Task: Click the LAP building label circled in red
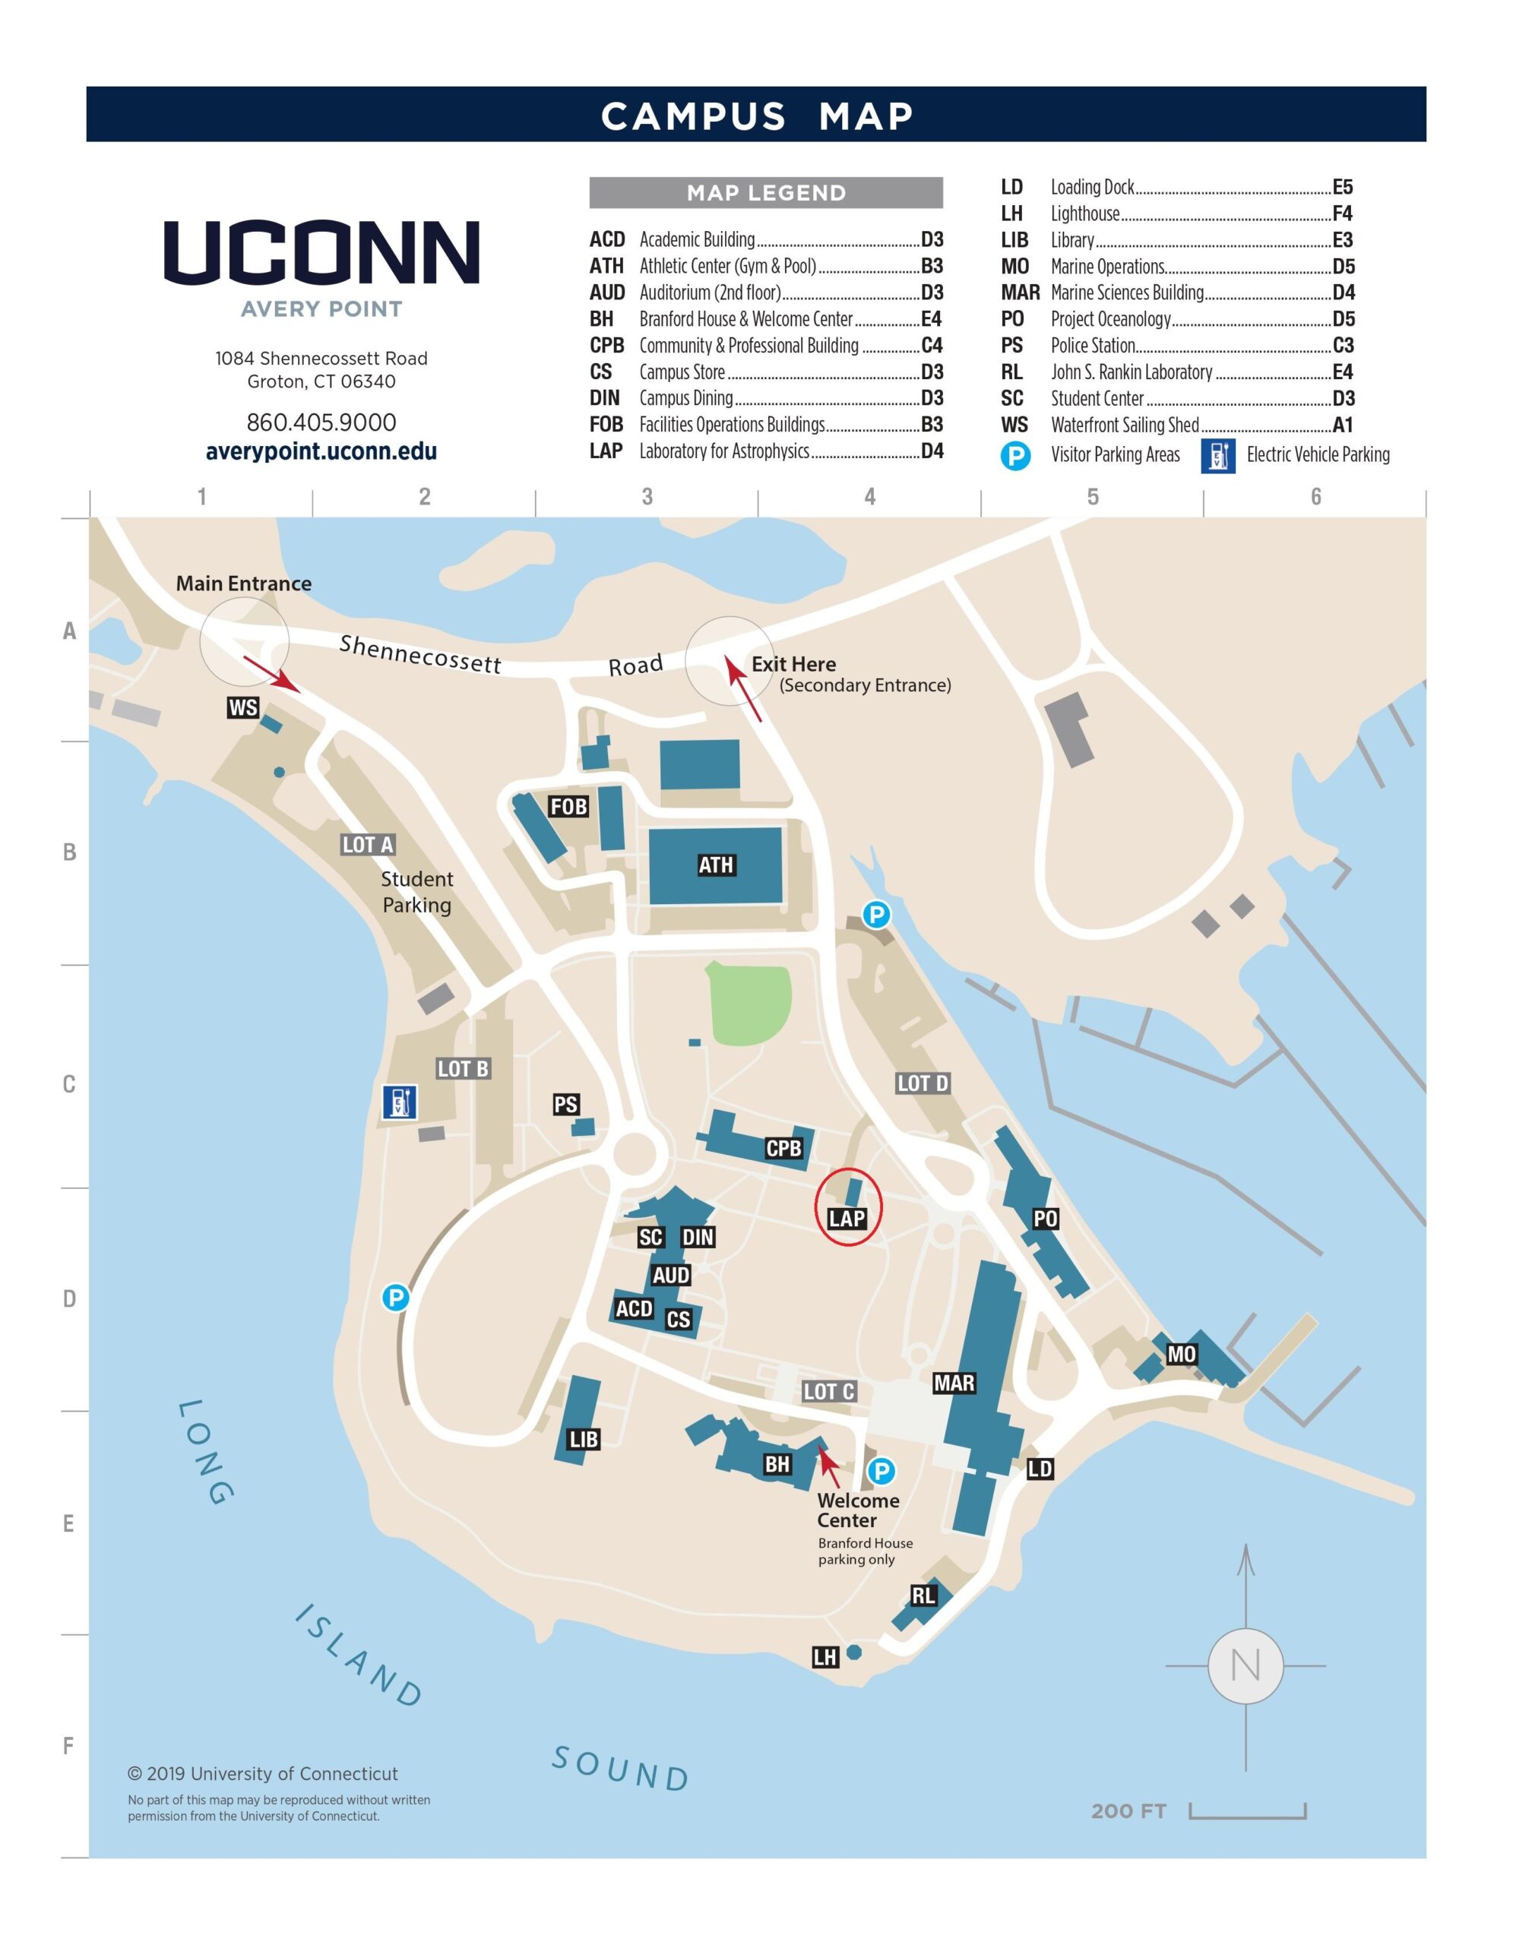[x=846, y=1219]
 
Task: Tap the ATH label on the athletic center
[x=716, y=865]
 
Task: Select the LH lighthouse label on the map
[x=825, y=1656]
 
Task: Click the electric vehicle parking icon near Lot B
[x=399, y=1102]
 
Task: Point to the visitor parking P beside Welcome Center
[x=881, y=1471]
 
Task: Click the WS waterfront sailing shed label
[x=243, y=708]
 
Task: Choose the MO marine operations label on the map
[x=1181, y=1355]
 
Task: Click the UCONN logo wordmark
[x=321, y=252]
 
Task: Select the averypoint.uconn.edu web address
[x=321, y=451]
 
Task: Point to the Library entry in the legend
[x=1176, y=240]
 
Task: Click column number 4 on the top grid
[x=870, y=497]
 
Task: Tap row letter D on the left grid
[x=68, y=1298]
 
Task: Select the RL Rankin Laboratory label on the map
[x=923, y=1595]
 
